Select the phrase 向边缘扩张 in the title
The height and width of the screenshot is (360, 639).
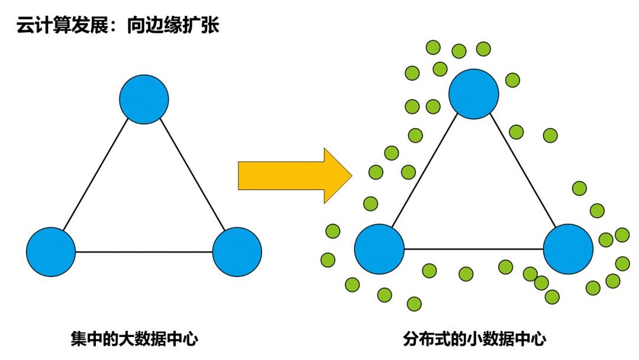(173, 27)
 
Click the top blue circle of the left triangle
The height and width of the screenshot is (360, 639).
(144, 99)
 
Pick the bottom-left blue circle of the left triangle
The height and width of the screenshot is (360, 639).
(51, 252)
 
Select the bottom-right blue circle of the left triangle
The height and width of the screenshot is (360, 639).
(237, 252)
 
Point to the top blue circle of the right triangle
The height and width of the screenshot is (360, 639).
(473, 94)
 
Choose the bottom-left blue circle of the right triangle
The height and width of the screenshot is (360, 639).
(379, 249)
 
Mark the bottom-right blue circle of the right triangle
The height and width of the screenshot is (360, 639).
(568, 249)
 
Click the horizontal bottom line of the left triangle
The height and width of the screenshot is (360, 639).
(144, 252)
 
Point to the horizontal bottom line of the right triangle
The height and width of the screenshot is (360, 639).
(473, 249)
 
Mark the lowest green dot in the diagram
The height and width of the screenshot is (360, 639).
(414, 304)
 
